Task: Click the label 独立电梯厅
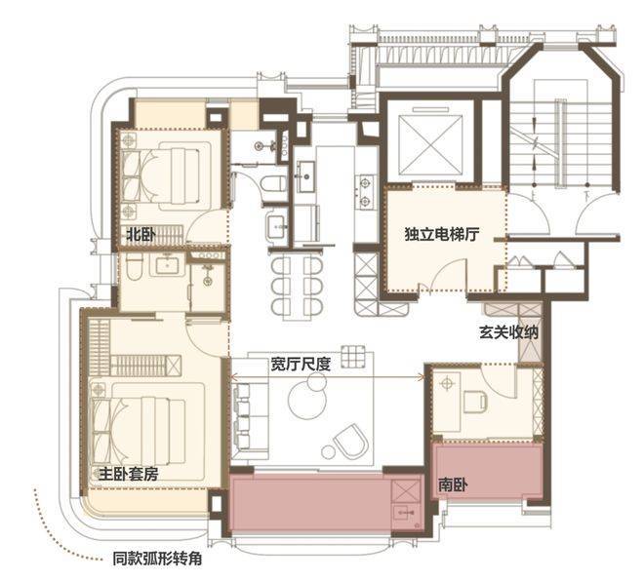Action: coord(441,235)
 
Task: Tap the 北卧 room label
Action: coord(141,235)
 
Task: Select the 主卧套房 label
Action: coord(128,474)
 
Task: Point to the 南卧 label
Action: coord(453,485)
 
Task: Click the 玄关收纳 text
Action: coord(508,332)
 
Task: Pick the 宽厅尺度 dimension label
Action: coord(301,364)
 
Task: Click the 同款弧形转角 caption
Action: coord(157,559)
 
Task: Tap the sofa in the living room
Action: coord(249,415)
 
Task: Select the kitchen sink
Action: coord(305,176)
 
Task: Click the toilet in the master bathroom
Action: coord(134,267)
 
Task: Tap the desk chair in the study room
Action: coord(475,402)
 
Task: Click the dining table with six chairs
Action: coord(297,286)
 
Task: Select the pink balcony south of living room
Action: coord(325,502)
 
